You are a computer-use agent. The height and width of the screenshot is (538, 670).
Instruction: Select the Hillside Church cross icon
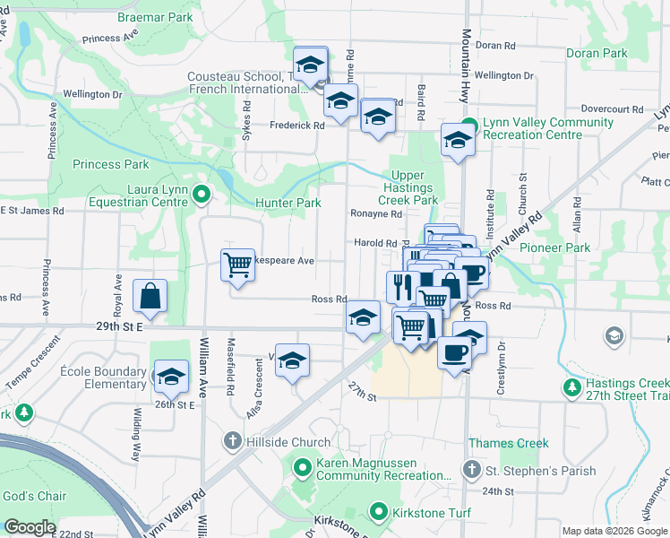pos(232,440)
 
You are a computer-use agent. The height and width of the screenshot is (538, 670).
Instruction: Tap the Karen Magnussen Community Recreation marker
pos(301,465)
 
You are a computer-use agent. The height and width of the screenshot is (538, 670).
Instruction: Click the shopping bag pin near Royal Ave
pos(150,297)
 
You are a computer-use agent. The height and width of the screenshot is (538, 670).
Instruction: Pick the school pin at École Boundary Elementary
pos(170,377)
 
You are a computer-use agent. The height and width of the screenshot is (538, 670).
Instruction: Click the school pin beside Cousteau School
pos(310,65)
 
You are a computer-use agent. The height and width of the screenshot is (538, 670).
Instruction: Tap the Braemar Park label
pos(155,17)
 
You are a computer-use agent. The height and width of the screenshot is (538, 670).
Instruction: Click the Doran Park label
pos(597,54)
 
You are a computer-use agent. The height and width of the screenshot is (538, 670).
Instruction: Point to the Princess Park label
pos(110,165)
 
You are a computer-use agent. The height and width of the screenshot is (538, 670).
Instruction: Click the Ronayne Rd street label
pos(377,214)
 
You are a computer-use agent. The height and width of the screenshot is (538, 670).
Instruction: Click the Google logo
pos(30,527)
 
